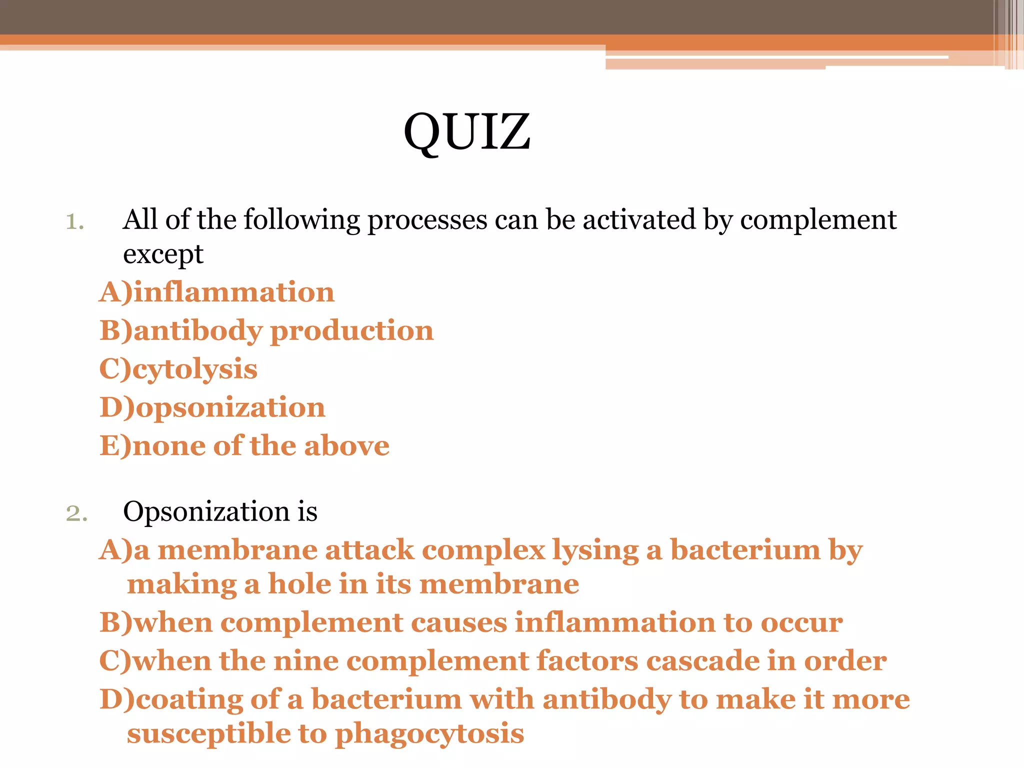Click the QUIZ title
coord(467,131)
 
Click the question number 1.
coord(75,221)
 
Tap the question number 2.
coord(76,513)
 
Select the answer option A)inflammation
coord(216,292)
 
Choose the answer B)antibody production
coord(266,330)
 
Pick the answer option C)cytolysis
coord(178,369)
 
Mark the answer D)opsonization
coord(212,407)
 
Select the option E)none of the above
coord(244,445)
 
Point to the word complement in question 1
coord(818,220)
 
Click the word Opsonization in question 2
coord(206,512)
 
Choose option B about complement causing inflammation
coord(471,622)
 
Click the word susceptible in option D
coord(208,734)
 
